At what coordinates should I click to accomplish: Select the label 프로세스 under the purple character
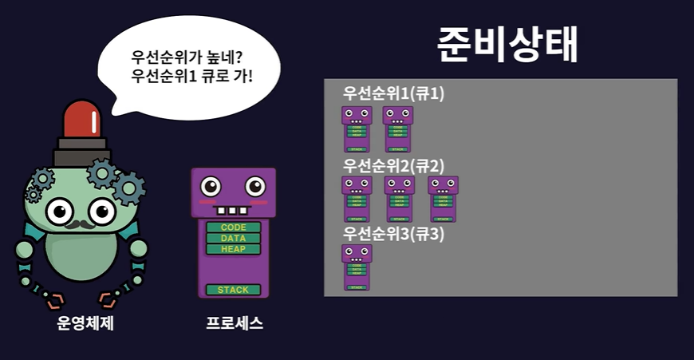[234, 324]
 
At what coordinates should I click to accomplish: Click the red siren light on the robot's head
[81, 119]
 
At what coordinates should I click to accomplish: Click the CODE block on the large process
[234, 227]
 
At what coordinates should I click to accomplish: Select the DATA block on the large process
[234, 239]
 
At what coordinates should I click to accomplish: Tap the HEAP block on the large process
[234, 249]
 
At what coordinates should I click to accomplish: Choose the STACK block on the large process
[234, 290]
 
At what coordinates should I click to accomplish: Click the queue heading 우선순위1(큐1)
[393, 93]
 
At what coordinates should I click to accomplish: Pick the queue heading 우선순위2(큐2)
[393, 165]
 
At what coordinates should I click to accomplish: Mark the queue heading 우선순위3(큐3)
[393, 235]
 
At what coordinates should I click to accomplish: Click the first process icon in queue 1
[357, 129]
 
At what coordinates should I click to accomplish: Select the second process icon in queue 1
[398, 129]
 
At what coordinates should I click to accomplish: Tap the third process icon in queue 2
[443, 199]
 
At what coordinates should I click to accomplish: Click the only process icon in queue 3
[357, 267]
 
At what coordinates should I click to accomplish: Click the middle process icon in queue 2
[400, 199]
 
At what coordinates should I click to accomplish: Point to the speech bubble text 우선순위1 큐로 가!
[189, 78]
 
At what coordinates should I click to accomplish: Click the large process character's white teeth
[233, 211]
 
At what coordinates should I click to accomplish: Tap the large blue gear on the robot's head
[128, 188]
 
